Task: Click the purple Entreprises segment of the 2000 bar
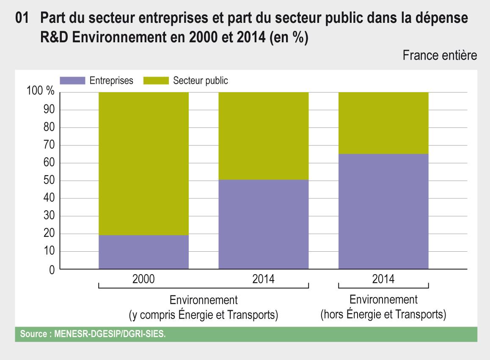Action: click(143, 252)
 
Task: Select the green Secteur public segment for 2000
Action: click(143, 163)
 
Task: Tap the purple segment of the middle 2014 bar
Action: click(263, 224)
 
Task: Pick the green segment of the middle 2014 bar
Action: click(263, 136)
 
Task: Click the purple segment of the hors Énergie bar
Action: click(383, 212)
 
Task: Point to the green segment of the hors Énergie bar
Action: click(383, 123)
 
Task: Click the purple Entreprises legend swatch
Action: click(72, 80)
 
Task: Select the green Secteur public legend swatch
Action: click(156, 80)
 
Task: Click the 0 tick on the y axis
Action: click(52, 269)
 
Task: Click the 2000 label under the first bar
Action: click(143, 279)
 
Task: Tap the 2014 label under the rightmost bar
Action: click(383, 279)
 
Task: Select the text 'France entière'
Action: click(440, 55)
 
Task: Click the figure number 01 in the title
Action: click(22, 19)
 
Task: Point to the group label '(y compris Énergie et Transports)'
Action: click(204, 315)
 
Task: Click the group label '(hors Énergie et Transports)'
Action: click(383, 315)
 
